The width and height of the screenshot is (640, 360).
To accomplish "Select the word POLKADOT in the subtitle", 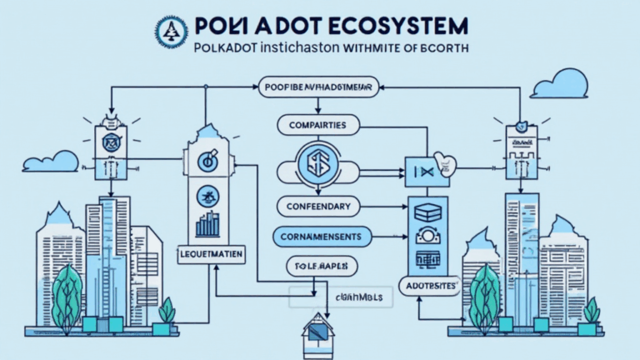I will (228, 49).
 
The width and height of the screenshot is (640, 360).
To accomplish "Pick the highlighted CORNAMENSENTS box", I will (321, 237).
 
